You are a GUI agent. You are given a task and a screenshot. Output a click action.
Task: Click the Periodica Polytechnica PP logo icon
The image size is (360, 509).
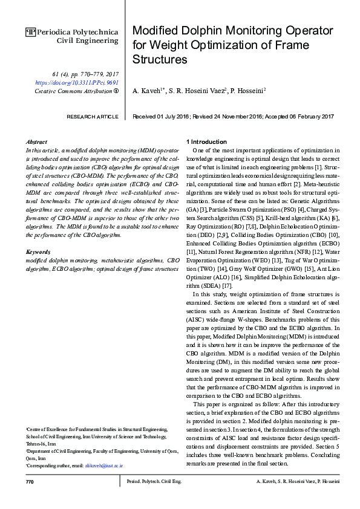31,30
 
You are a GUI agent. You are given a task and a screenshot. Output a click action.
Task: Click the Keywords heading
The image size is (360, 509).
39,251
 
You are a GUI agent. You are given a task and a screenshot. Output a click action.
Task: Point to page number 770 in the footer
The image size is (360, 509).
30,482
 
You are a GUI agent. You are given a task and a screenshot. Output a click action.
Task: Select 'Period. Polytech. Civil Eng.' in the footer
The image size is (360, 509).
154,482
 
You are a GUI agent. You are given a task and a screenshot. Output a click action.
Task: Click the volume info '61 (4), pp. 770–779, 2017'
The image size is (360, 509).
85,73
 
